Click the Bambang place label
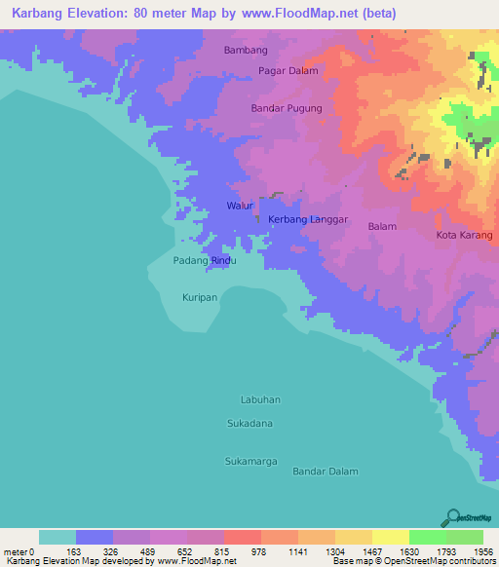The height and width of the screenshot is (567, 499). pos(245,49)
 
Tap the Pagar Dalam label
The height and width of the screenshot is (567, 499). pos(288,70)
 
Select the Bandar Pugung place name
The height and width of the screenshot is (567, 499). pos(286,108)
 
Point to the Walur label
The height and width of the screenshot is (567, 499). pos(240,207)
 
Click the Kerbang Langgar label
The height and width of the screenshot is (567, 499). pos(308,220)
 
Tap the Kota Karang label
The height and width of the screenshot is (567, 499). pos(464,236)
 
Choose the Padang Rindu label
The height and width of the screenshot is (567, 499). pos(205,261)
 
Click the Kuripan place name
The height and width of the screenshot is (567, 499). pos(200,296)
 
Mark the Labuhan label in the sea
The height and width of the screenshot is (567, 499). pos(260,399)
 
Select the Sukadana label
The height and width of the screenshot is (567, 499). pos(249,424)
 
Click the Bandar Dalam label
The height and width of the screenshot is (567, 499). pos(326,472)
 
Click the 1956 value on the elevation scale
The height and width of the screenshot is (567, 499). pos(482,552)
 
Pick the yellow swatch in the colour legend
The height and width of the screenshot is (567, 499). pos(390,537)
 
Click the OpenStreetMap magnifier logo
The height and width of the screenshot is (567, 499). pos(452,517)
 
